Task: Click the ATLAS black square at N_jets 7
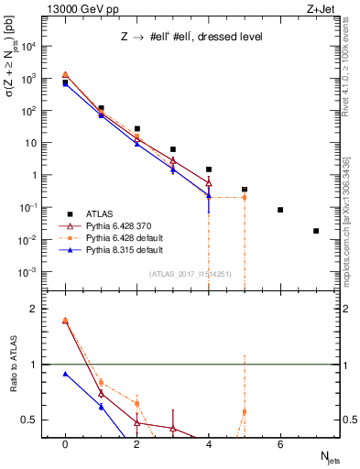pyautogui.click(x=316, y=231)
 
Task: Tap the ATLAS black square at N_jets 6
pyautogui.click(x=280, y=210)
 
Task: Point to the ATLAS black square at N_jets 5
pyautogui.click(x=245, y=190)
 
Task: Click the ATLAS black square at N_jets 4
pyautogui.click(x=209, y=169)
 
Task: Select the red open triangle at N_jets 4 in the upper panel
pyautogui.click(x=209, y=181)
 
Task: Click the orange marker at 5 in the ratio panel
pyautogui.click(x=245, y=411)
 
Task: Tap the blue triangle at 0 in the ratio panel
pyautogui.click(x=65, y=374)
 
